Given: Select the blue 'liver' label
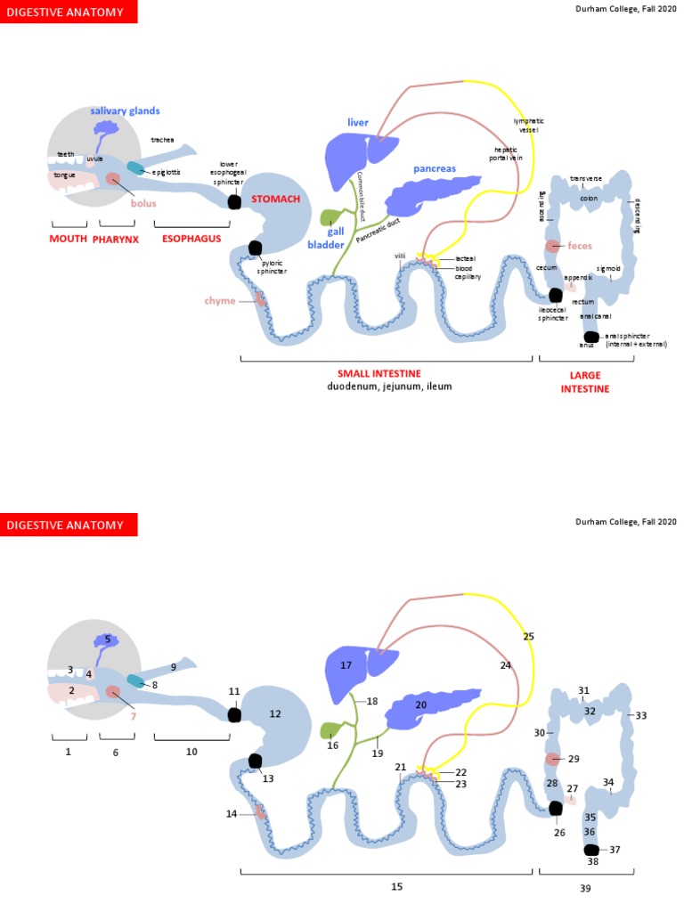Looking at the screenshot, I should click(358, 121).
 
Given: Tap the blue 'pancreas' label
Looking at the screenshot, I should click(435, 168).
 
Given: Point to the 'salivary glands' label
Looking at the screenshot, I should click(125, 110).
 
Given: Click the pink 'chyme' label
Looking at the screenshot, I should click(220, 301).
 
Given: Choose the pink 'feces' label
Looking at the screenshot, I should click(580, 245).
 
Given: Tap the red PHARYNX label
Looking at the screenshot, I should click(117, 239).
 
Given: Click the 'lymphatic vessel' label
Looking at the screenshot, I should click(525, 125).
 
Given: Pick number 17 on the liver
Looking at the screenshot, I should click(346, 665).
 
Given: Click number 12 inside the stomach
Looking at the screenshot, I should click(274, 713).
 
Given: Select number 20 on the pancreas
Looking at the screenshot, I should click(421, 704).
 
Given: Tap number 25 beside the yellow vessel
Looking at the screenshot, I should click(529, 637).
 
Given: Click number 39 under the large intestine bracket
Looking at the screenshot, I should click(585, 889).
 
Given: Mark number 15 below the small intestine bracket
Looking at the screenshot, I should click(396, 886).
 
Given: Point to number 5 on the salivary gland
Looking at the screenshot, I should click(107, 639).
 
